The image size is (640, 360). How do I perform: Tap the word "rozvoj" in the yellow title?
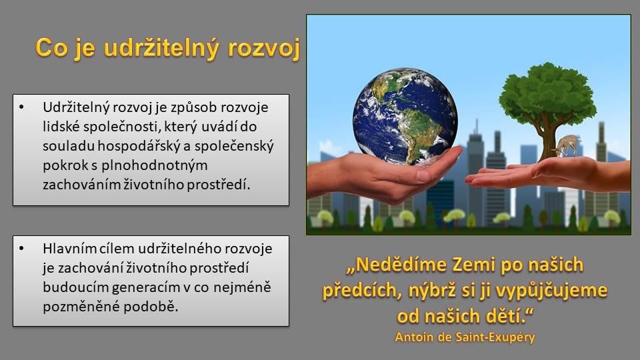click(x=264, y=49)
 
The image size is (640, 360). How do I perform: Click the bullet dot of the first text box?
click(x=21, y=107)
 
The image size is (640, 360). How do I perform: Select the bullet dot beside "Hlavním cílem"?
click(x=21, y=249)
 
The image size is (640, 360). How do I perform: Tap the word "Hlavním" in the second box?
click(x=68, y=248)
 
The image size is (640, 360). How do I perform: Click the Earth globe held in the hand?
click(x=405, y=117)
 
